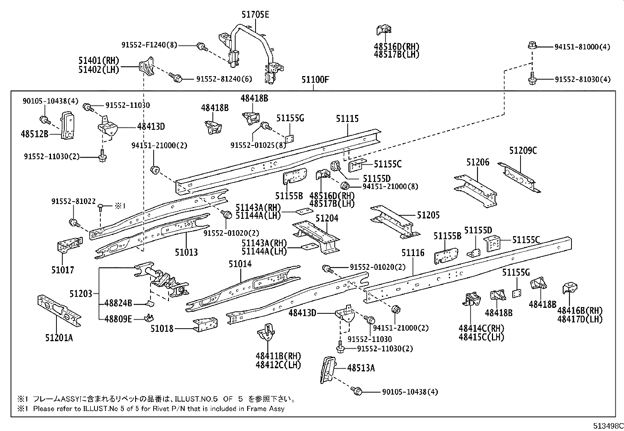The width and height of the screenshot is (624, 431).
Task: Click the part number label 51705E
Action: (x=255, y=15)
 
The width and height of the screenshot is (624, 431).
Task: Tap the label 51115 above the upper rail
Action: (x=347, y=118)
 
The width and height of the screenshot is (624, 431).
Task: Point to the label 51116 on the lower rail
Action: (x=413, y=253)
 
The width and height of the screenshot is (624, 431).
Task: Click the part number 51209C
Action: (x=523, y=150)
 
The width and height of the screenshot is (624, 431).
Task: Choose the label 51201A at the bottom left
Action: (x=59, y=338)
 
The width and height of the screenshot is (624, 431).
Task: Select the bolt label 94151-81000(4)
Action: (x=582, y=47)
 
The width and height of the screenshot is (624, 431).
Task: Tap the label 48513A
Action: (x=361, y=368)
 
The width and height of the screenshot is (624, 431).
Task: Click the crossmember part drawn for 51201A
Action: (x=59, y=310)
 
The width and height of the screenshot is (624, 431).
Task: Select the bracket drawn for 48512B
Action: (x=67, y=124)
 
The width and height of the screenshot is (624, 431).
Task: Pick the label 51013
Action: (x=186, y=252)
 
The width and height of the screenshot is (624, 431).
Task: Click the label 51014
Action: (x=240, y=264)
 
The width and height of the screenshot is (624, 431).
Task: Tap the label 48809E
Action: (x=118, y=319)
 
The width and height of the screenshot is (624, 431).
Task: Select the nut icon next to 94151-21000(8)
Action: (x=345, y=186)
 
